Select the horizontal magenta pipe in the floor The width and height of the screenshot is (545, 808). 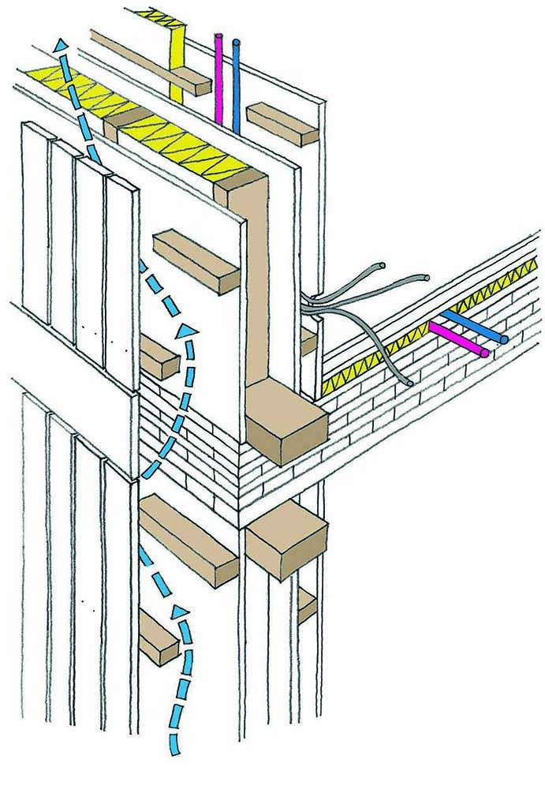457,338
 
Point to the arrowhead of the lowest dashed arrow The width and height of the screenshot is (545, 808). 181,612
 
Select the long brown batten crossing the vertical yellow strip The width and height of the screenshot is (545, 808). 150,60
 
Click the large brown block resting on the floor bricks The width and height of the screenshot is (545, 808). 286,423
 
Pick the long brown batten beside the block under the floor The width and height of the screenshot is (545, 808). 188,540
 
